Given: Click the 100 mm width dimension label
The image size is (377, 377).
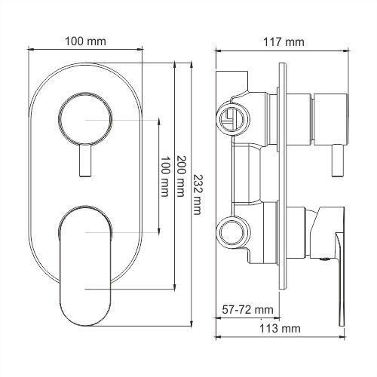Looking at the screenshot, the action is click(85, 41).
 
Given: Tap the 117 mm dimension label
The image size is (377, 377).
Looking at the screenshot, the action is click(284, 42).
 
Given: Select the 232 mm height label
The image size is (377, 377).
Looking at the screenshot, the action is click(198, 194).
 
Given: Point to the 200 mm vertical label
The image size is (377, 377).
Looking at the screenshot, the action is click(180, 176).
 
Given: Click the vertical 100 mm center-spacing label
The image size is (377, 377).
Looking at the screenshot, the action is click(164, 176).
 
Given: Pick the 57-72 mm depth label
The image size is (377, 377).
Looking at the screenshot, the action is click(247, 309).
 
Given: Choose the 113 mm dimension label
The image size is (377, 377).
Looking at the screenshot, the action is click(280, 328).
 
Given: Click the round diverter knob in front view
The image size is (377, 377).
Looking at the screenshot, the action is click(85, 118).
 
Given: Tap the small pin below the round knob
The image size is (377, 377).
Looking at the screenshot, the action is click(84, 161).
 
